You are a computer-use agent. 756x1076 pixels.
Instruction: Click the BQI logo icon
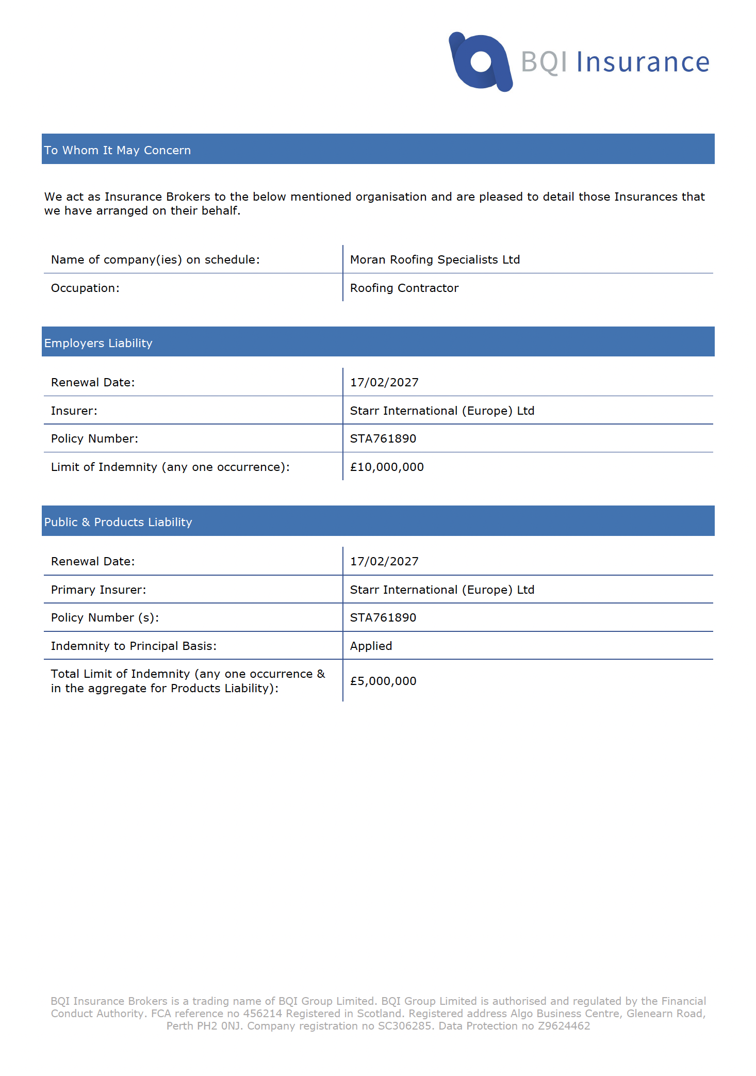coord(481,62)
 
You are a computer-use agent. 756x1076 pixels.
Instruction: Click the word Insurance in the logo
coord(643,62)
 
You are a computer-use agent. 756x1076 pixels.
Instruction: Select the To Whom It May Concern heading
coord(118,150)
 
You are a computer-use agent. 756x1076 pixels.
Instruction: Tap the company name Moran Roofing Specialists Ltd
coord(435,259)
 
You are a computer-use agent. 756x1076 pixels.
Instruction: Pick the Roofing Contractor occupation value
coord(404,288)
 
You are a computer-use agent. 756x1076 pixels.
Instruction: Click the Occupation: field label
coord(85,288)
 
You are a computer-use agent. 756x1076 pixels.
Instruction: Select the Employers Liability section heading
coord(98,343)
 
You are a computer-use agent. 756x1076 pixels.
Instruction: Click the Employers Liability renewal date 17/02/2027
coord(384,382)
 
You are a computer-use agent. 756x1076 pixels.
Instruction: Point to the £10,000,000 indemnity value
coord(387,467)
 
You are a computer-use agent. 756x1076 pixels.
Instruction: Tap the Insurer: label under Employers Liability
coord(74,411)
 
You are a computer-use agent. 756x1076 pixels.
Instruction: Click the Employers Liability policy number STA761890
coord(383,438)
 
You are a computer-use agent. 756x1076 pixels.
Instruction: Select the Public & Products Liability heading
coord(118,522)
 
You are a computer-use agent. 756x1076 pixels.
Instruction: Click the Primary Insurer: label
coord(98,590)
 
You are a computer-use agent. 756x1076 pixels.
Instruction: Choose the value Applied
coord(371,646)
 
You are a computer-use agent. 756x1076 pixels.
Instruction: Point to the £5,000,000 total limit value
coord(383,681)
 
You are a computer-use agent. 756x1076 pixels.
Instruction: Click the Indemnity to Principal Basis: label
coord(134,646)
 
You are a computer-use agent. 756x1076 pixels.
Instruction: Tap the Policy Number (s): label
coord(105,617)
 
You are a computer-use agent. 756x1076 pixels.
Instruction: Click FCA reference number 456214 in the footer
coord(262,1013)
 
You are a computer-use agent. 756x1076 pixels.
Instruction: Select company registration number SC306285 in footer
coord(405,1025)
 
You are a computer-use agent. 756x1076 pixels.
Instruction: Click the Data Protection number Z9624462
coord(564,1025)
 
